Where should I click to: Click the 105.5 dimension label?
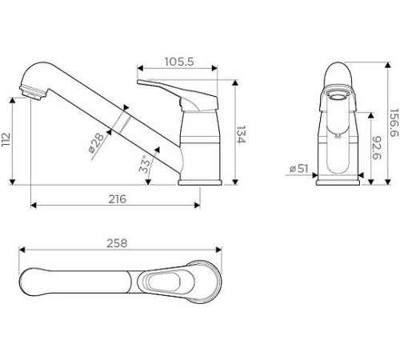179,62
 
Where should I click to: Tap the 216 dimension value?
118,199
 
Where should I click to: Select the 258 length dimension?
117,243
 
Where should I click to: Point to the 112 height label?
6,139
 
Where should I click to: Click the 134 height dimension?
241,134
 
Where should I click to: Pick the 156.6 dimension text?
394,122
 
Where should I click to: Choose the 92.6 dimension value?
377,148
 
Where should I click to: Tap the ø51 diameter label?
299,169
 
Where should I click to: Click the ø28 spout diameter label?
97,143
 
